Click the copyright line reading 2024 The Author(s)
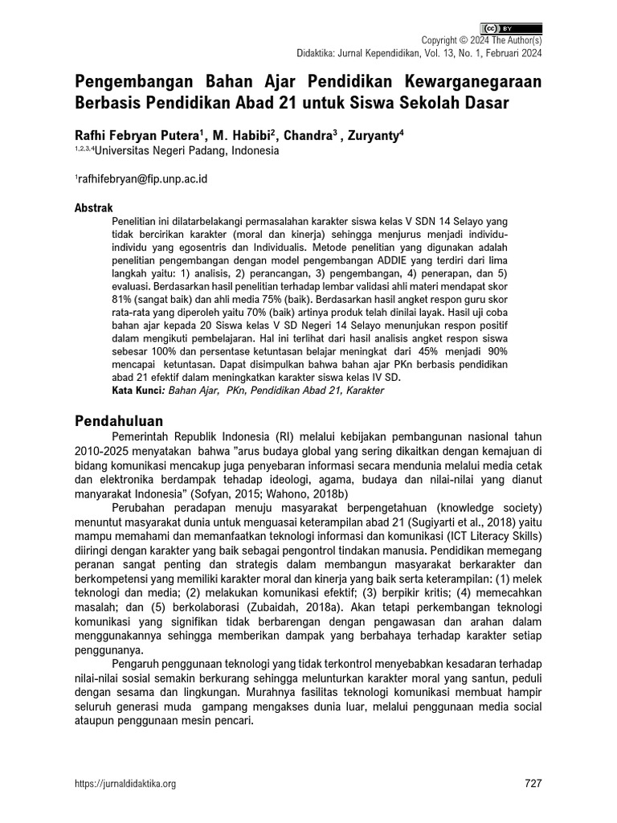482,40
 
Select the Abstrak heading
94,207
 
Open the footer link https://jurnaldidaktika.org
125,784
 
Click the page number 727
532,784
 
